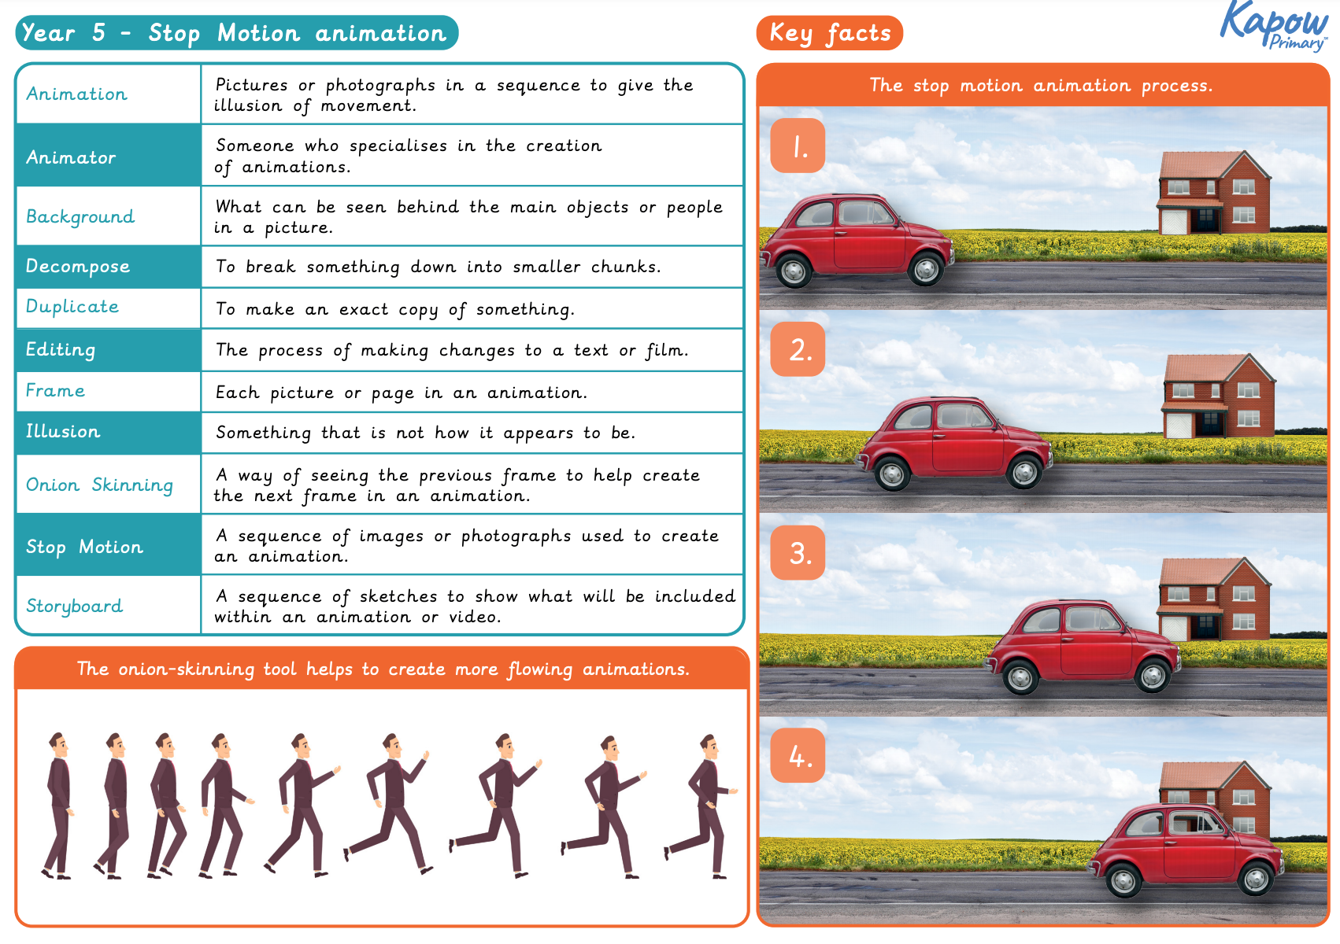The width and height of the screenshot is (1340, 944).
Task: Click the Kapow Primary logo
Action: point(1274,26)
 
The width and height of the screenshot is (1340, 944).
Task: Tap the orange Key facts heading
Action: point(829,33)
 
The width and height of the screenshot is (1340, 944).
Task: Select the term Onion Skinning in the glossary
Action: point(99,485)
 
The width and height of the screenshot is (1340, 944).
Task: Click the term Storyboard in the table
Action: point(74,606)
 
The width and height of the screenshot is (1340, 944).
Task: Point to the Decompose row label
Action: point(77,266)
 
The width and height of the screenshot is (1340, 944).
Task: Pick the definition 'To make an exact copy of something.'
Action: point(395,309)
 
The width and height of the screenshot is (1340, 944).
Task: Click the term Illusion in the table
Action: point(63,432)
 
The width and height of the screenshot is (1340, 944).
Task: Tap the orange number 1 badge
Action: point(798,146)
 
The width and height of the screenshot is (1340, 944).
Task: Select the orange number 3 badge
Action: point(798,553)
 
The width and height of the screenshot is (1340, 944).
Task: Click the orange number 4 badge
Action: point(798,756)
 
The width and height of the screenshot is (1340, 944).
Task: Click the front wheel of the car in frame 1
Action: point(926,270)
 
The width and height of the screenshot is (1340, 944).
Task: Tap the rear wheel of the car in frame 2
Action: point(892,474)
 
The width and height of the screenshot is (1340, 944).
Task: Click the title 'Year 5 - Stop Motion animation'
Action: point(235,33)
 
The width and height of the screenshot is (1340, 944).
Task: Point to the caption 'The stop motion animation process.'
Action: point(1041,86)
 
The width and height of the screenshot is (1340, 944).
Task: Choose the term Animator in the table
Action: point(71,157)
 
